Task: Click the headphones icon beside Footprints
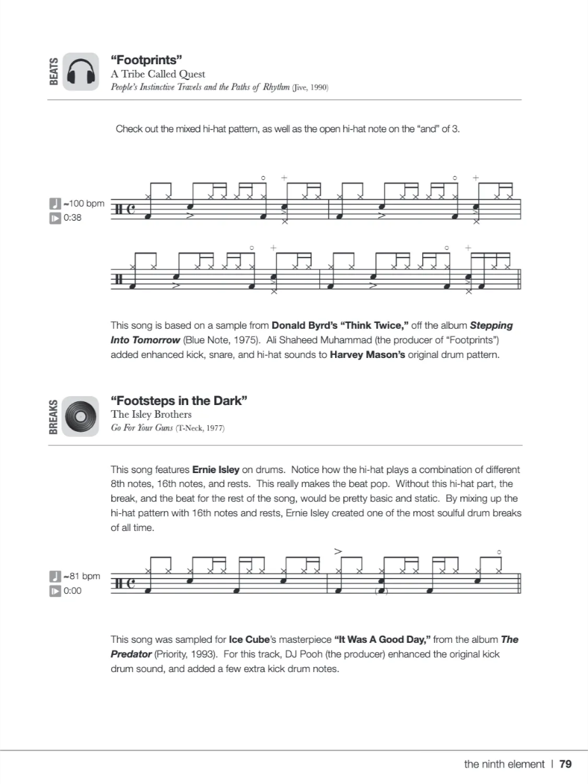pos(81,72)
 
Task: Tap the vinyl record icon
pos(81,416)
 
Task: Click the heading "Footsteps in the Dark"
pos(179,401)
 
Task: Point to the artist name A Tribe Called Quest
pos(158,74)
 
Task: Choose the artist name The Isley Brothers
pos(151,415)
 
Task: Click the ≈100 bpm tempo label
pos(83,205)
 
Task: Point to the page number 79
pos(566,764)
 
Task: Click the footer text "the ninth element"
pos(504,764)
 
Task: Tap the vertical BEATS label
pos(54,71)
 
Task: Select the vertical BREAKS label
pos(54,416)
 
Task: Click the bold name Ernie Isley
pos(215,470)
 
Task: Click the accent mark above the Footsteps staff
pos(338,551)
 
